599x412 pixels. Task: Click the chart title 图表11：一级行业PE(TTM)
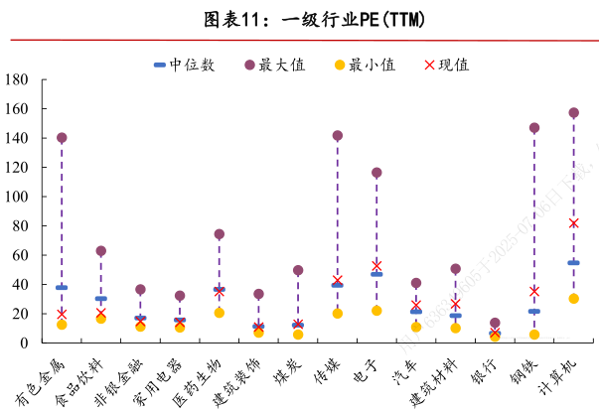coord(297,19)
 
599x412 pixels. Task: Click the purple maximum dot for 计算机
coord(573,113)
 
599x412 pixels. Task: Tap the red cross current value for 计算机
coord(573,223)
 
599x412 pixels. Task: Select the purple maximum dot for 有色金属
coord(62,138)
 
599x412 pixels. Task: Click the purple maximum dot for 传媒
coord(338,136)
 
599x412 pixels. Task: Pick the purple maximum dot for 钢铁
coord(534,128)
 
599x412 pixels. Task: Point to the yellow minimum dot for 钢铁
coord(534,335)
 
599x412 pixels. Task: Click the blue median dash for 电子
coord(376,274)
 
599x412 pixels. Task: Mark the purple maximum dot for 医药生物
coord(220,234)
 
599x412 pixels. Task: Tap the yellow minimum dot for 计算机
coord(573,299)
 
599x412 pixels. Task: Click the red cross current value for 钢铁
coord(534,291)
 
